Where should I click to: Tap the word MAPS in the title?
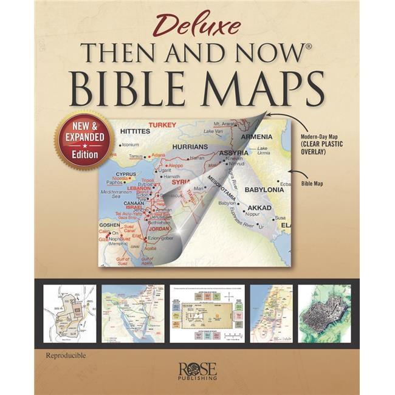[x=261, y=89]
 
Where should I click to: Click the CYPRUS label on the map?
[x=126, y=174]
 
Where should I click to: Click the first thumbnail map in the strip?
[x=69, y=314]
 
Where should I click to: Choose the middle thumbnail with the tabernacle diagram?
[x=207, y=314]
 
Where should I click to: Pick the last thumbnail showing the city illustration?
[x=324, y=314]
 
